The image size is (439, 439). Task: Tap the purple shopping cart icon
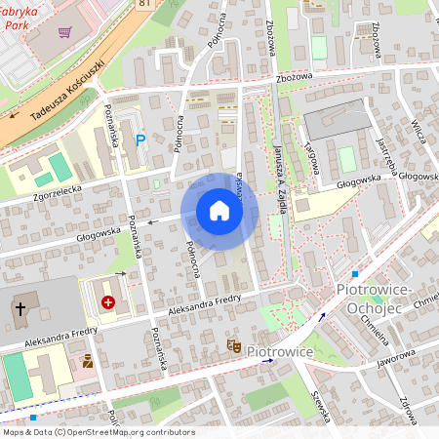pyautogui.click(x=64, y=32)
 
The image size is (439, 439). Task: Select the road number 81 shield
pyautogui.click(x=145, y=4)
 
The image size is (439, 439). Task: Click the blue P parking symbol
pyautogui.click(x=140, y=140)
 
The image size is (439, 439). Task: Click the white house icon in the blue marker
pyautogui.click(x=219, y=211)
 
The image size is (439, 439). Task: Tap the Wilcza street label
pyautogui.click(x=419, y=128)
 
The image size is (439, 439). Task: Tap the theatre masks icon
pyautogui.click(x=233, y=345)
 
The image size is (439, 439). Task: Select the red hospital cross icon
pyautogui.click(x=107, y=303)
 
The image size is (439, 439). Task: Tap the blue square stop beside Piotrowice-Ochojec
pyautogui.click(x=355, y=274)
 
